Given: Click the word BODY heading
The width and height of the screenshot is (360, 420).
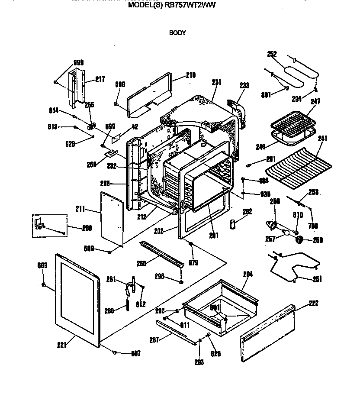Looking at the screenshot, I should tap(177, 32).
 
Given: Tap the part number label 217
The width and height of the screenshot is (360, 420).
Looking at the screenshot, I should tap(100, 80).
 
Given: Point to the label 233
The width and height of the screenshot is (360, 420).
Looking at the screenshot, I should tap(244, 86).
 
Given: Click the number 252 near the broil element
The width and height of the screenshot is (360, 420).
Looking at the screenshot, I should tap(272, 54).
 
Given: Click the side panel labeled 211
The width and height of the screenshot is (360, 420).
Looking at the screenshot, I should tap(111, 221).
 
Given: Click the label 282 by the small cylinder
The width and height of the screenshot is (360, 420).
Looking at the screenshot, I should tap(247, 212).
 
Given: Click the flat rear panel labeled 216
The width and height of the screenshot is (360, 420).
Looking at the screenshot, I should tap(149, 95).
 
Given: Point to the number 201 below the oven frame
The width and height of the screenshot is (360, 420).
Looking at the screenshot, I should tap(213, 236).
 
